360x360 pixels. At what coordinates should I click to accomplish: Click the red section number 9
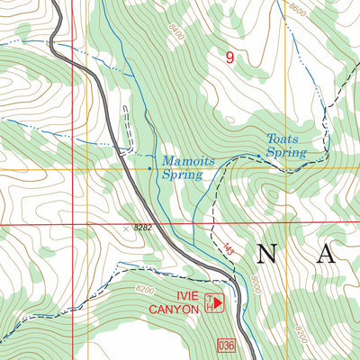click(x=230, y=58)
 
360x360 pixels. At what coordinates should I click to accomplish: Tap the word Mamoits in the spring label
click(x=187, y=162)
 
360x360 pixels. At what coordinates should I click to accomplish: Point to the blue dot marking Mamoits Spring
click(x=149, y=168)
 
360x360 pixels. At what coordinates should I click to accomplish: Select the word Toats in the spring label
click(x=281, y=139)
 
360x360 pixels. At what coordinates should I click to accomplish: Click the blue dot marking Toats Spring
click(x=258, y=156)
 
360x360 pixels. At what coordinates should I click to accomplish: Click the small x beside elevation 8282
click(x=125, y=229)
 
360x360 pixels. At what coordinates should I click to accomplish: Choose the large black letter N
click(x=267, y=254)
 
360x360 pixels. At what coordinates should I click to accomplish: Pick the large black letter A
click(x=325, y=254)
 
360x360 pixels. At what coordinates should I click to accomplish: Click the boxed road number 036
click(x=226, y=345)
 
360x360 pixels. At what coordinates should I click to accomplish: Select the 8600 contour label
click(x=298, y=8)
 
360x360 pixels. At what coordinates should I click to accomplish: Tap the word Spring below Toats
click(x=287, y=154)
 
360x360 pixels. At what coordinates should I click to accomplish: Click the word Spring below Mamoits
click(x=182, y=175)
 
